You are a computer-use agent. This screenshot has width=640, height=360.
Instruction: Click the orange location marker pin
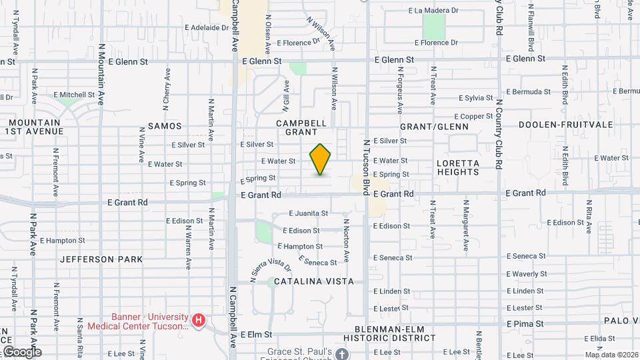coord(321,159)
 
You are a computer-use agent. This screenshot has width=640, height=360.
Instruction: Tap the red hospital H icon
coord(198,321)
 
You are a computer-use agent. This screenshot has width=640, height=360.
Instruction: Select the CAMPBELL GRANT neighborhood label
coord(301,127)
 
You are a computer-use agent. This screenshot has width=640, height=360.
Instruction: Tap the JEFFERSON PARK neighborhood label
coord(101,259)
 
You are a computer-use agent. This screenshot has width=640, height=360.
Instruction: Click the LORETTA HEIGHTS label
coord(458,167)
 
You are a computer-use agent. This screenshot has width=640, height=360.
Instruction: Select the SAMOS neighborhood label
coord(165,125)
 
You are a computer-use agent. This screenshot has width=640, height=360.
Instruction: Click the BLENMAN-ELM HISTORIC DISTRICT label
coord(395,334)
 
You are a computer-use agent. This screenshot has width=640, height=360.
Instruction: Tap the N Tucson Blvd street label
coord(366,167)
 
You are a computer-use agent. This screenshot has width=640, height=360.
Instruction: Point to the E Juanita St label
coord(308,213)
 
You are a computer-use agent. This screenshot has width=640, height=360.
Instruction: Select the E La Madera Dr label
coord(433,11)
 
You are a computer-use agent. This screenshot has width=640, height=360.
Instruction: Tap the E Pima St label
coord(525,323)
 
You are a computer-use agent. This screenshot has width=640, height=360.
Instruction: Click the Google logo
coord(21,351)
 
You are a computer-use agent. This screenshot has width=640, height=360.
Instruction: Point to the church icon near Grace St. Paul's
coord(342,353)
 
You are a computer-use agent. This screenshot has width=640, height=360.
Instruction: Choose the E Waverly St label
coord(527,274)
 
